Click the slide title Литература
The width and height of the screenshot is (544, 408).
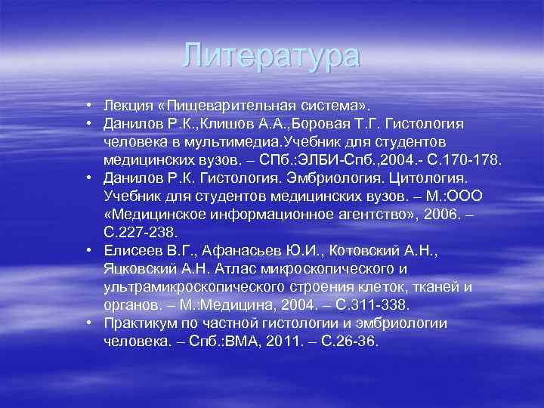272,56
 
